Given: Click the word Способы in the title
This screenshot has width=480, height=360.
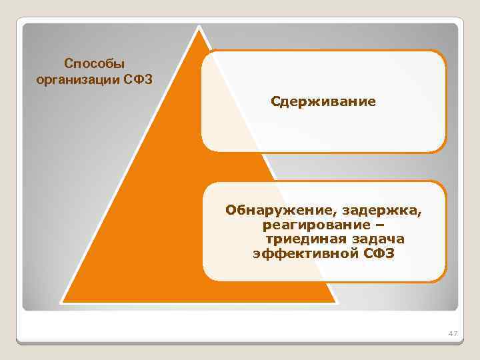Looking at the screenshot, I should tap(94, 64).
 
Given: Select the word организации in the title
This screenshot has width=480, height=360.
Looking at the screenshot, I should tap(75, 80).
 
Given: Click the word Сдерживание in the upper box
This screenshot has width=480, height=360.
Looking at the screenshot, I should tap(323, 102).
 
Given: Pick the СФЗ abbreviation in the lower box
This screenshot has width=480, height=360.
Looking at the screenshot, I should tap(379, 254).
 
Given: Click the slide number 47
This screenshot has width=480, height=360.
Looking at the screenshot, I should tap(453, 333).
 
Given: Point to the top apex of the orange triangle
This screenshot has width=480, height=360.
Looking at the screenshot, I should tap(198, 27).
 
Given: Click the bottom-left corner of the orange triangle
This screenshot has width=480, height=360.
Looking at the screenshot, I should tap(62, 301).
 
